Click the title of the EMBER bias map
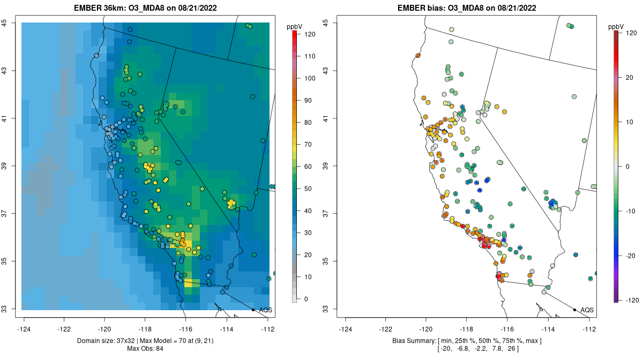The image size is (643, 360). coord(467,8)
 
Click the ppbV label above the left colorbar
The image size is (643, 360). coord(295,26)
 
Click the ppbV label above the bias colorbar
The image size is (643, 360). coord(616,26)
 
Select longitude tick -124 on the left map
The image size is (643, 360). coord(24,329)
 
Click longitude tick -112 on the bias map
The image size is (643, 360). coord(589,329)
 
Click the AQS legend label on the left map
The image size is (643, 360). coord(265,310)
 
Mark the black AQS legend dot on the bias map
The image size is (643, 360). coord(574,310)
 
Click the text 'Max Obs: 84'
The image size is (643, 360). coord(145,349)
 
